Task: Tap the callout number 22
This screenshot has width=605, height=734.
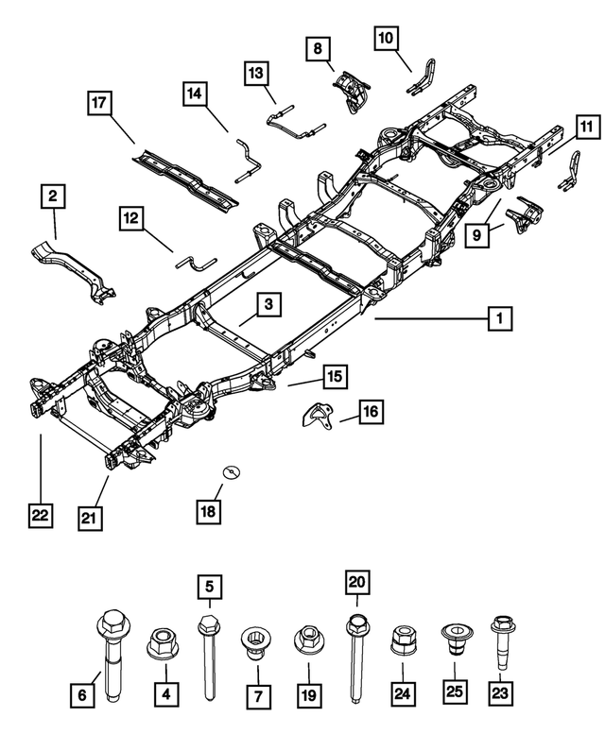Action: tap(40, 516)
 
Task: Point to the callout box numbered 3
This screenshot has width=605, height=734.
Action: tap(268, 304)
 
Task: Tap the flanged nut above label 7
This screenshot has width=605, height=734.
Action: tap(255, 645)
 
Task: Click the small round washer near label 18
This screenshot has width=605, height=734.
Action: tap(228, 471)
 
